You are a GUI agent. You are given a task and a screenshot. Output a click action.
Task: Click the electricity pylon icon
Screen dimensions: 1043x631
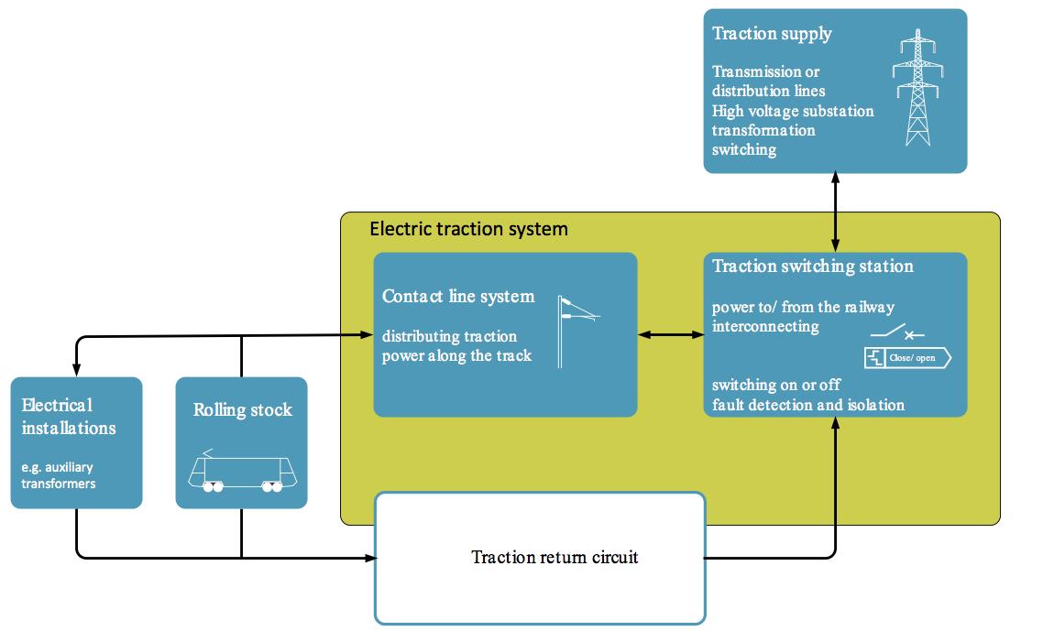click(x=917, y=88)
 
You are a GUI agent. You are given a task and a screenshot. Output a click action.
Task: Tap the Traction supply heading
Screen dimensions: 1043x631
click(x=772, y=34)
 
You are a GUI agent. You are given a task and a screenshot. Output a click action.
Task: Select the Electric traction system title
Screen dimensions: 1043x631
click(x=469, y=229)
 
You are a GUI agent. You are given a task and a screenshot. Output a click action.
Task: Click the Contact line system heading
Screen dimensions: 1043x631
click(x=458, y=296)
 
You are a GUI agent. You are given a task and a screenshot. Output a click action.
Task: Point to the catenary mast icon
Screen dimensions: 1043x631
click(x=578, y=332)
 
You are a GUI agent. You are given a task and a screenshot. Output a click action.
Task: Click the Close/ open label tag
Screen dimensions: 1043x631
click(x=908, y=358)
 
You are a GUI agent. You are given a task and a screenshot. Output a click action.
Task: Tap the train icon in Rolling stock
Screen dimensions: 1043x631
click(x=242, y=471)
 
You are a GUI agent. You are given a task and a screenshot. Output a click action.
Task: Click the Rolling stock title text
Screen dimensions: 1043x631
click(x=243, y=410)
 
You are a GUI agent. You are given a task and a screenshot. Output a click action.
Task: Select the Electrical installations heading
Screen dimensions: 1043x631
click(x=69, y=416)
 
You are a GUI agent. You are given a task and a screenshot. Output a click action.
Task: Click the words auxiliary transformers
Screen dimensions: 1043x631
click(x=58, y=475)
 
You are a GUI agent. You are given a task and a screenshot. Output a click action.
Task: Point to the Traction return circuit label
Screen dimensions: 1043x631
click(x=554, y=557)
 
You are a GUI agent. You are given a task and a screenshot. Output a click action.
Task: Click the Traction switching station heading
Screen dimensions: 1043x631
click(x=813, y=266)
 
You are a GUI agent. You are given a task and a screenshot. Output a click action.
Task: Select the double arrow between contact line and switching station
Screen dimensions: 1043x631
click(x=671, y=334)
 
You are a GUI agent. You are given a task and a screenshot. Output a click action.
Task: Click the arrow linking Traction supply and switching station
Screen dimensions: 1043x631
click(x=836, y=212)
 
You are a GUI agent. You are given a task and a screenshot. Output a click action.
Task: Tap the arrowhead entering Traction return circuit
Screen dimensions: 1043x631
click(x=370, y=558)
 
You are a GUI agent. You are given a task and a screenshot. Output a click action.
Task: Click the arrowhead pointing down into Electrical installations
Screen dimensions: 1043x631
click(x=76, y=370)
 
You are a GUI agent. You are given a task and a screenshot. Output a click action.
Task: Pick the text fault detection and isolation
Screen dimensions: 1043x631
click(x=808, y=405)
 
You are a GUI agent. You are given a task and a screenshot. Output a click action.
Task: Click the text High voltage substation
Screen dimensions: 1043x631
click(x=793, y=111)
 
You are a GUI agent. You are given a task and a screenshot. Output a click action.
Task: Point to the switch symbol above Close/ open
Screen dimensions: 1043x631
click(x=897, y=332)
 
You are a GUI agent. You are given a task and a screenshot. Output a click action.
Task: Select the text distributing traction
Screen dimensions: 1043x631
click(x=449, y=336)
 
